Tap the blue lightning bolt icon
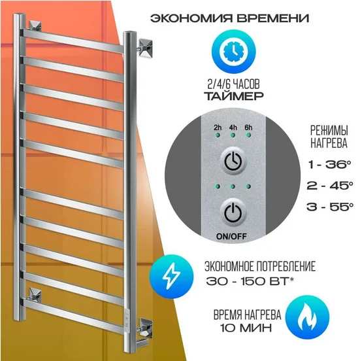click(171, 276)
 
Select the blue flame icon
click(307, 317)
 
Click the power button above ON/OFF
click(233, 213)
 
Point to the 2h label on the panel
click(218, 128)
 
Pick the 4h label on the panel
click(233, 128)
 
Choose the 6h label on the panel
click(248, 128)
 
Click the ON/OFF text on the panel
click(231, 237)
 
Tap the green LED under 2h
click(218, 135)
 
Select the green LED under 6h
click(248, 135)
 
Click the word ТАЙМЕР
click(234, 95)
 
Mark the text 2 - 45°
click(330, 186)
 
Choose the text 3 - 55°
click(330, 207)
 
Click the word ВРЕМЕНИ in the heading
click(272, 18)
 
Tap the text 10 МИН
click(246, 328)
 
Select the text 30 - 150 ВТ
click(247, 281)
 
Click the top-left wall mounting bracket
click(35, 26)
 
